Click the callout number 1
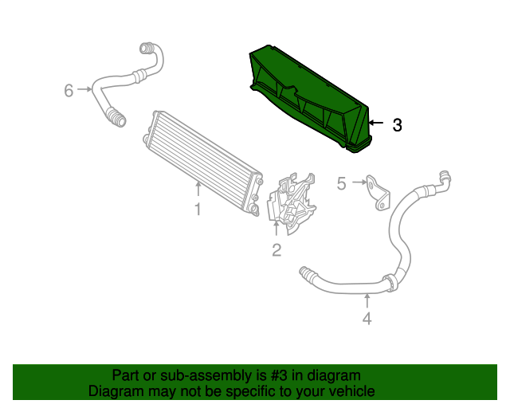coord(198,210)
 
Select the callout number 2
coord(277,250)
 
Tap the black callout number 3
coord(396,125)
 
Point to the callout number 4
coord(367,320)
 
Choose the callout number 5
coord(341,185)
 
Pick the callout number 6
coord(69,90)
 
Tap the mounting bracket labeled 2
coord(291,203)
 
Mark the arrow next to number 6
coord(84,90)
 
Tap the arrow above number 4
coord(367,300)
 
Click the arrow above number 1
coord(198,190)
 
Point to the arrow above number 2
coord(277,230)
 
